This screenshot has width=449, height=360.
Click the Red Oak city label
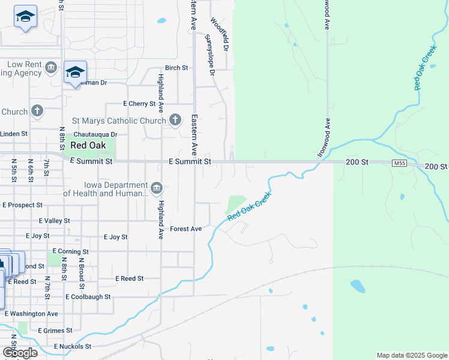88,145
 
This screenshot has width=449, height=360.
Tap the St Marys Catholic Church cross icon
175,121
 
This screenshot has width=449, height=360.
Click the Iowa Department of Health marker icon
156,189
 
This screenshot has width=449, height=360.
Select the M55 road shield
399,163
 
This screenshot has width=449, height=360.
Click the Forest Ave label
185,229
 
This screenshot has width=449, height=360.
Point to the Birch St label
176,68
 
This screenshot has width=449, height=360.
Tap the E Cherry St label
139,104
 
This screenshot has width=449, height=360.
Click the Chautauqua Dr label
95,135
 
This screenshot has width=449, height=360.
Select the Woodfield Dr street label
221,34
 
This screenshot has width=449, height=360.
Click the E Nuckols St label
72,346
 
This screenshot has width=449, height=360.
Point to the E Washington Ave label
31,313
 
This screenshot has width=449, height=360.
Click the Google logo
20,353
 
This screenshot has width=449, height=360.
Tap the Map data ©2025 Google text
411,355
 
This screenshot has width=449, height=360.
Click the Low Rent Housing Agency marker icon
51,67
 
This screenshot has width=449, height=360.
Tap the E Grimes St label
55,330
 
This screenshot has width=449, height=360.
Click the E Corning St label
70,251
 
